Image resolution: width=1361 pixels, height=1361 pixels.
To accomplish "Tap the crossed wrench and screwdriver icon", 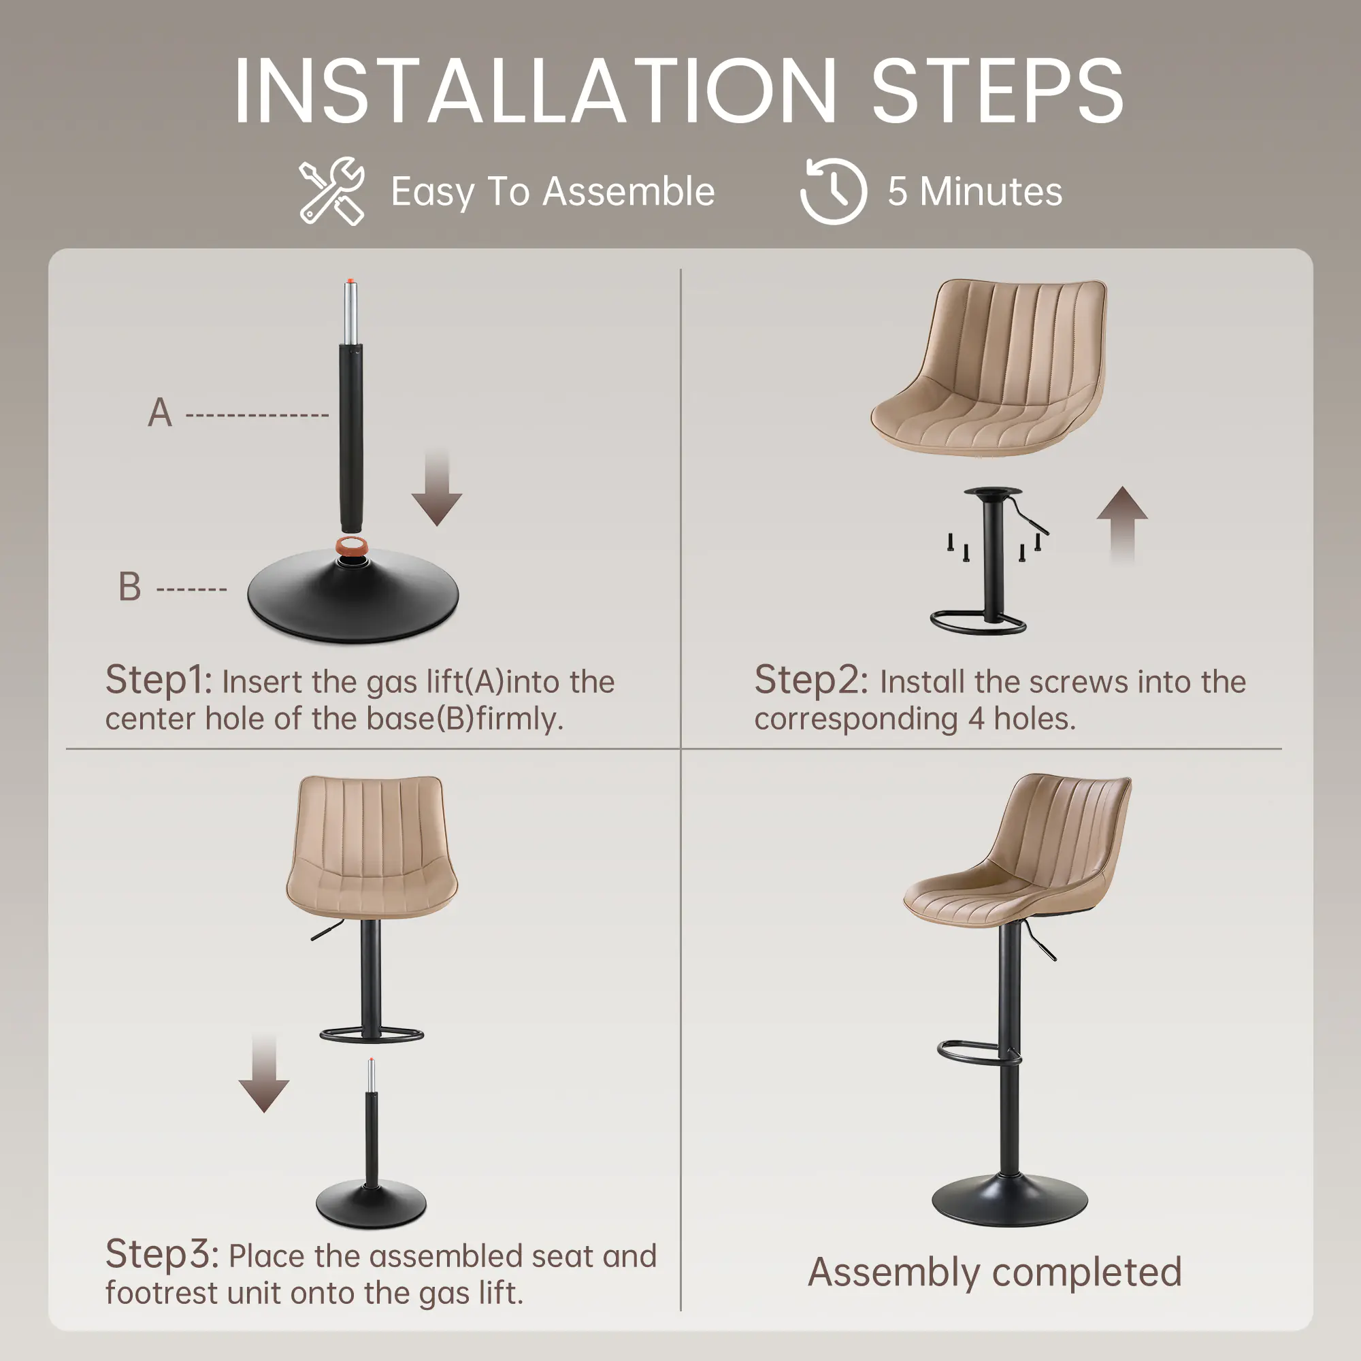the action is [x=332, y=191].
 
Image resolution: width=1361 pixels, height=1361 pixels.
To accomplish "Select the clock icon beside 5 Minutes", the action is [x=834, y=191].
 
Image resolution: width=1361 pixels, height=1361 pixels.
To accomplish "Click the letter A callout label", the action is [x=160, y=413].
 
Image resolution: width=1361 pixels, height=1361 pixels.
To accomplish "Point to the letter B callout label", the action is [x=129, y=587].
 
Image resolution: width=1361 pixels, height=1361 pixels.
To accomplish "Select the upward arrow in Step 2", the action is [x=1122, y=525].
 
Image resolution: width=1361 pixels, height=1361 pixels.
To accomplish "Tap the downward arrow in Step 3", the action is [x=264, y=1075].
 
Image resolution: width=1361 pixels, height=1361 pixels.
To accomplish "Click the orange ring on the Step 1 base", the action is [x=353, y=546].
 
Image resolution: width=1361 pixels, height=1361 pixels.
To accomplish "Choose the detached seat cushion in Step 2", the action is [x=988, y=367].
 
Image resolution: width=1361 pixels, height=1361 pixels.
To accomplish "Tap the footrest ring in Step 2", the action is [x=978, y=623].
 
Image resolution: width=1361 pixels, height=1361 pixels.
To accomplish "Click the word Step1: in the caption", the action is [x=159, y=680].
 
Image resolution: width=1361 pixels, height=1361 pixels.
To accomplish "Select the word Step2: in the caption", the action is [x=811, y=680].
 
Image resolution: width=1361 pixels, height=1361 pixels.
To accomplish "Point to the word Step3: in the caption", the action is [x=162, y=1256].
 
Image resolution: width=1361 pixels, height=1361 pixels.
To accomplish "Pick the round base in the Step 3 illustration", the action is [x=372, y=1204].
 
